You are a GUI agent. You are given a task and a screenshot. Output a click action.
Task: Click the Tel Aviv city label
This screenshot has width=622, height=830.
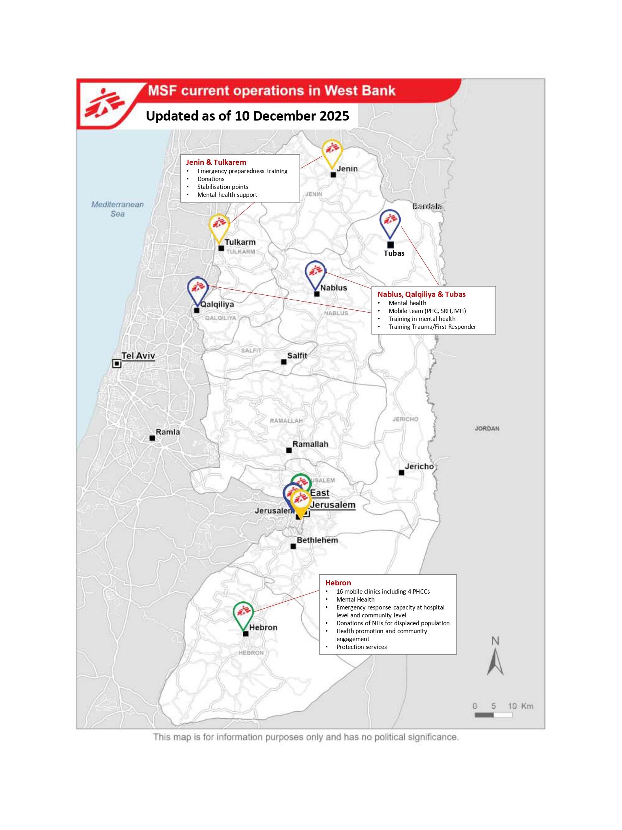click(x=138, y=356)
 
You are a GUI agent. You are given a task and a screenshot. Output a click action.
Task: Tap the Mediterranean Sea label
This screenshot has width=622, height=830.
click(x=118, y=209)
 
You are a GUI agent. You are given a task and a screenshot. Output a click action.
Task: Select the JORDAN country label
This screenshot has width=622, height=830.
click(x=487, y=428)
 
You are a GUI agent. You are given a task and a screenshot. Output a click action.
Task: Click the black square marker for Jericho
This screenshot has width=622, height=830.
click(x=401, y=472)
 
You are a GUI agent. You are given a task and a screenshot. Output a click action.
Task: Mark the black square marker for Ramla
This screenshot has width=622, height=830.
click(x=152, y=438)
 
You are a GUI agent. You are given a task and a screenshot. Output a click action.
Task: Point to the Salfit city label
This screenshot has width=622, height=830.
click(x=297, y=355)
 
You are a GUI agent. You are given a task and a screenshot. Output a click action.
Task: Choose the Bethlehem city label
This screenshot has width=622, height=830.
click(x=317, y=540)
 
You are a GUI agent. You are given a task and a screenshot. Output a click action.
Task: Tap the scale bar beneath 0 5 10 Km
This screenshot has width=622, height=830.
click(x=493, y=715)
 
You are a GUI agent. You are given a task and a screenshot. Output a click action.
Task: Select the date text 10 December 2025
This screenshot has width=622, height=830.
click(x=292, y=116)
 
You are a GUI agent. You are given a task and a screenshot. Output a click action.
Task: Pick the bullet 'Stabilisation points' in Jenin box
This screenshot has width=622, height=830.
click(x=223, y=187)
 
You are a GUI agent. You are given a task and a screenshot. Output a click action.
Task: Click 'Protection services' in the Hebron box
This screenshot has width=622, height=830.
click(x=361, y=647)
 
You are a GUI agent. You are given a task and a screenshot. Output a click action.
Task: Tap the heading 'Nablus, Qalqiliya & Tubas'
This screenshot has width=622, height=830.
click(x=421, y=294)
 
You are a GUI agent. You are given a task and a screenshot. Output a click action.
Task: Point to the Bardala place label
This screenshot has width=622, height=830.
click(x=427, y=206)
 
